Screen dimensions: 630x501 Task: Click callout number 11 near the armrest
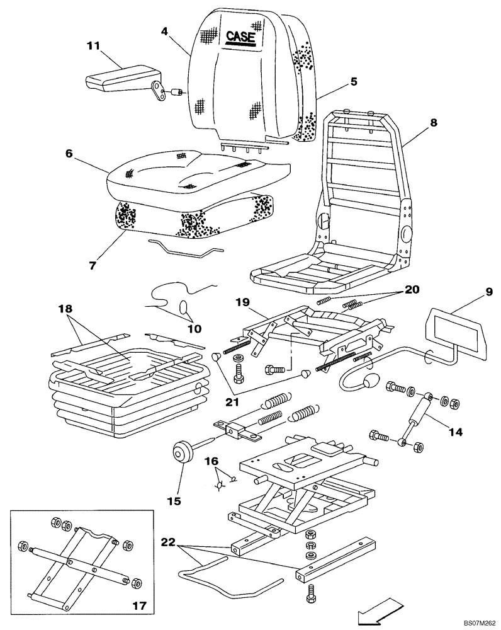point(94,45)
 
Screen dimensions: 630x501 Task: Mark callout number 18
point(66,309)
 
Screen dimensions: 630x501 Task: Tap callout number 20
point(412,290)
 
